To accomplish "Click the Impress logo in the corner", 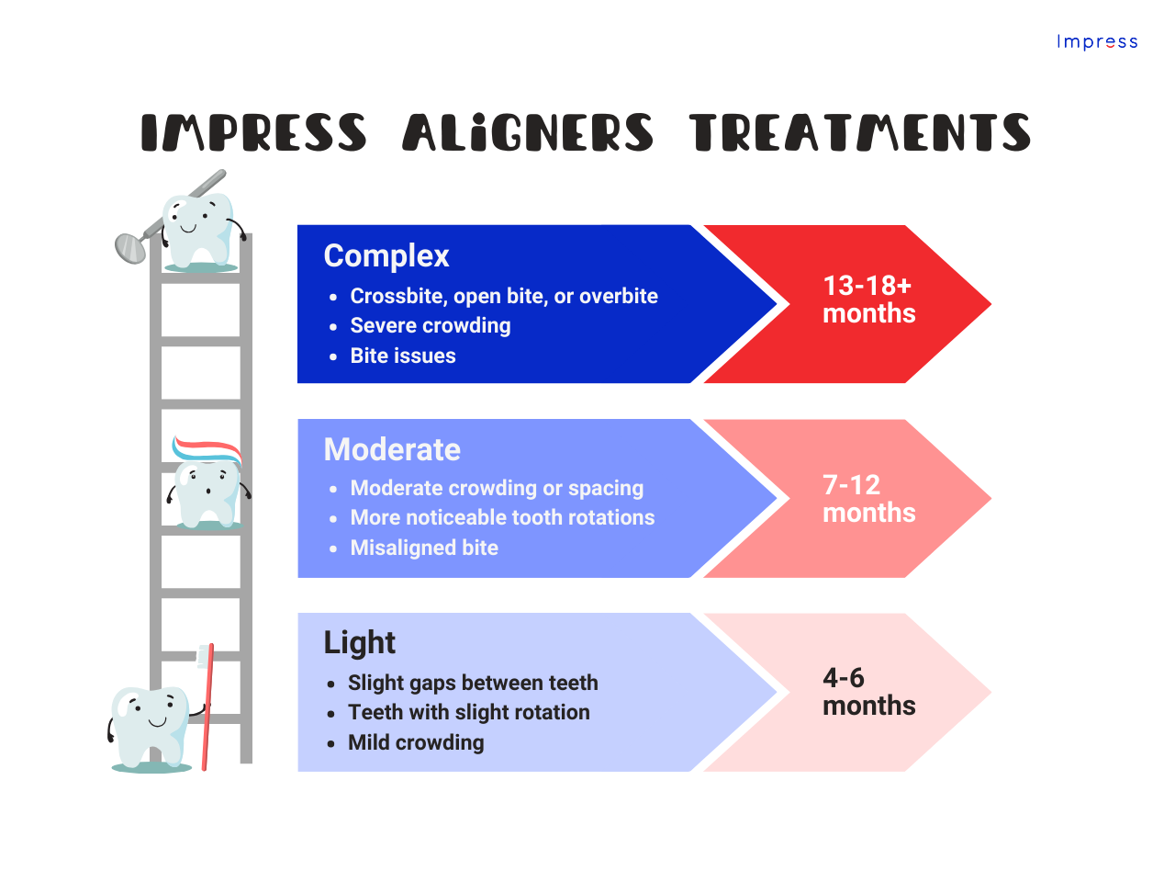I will click(1097, 42).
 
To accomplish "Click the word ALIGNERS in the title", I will click(528, 133).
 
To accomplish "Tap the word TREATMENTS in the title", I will click(859, 133).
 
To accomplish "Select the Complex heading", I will click(386, 256).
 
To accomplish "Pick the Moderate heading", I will click(392, 450).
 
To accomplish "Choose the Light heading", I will click(359, 643).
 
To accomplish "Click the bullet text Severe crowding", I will click(431, 326).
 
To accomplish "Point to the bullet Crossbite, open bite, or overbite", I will click(504, 296).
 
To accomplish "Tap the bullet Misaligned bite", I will click(424, 548).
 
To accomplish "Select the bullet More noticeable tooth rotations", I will click(502, 518).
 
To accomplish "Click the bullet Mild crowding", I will click(416, 743).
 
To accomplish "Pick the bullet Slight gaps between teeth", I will click(473, 684).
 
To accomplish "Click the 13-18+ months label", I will click(868, 300).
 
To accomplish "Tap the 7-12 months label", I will click(868, 499).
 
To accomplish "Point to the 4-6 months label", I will click(868, 692).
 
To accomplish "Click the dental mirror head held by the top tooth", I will click(130, 247).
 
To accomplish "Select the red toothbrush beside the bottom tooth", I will click(207, 707).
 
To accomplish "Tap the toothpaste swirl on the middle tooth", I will click(207, 449).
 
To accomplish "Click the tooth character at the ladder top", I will click(198, 230).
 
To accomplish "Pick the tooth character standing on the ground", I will click(151, 726).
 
